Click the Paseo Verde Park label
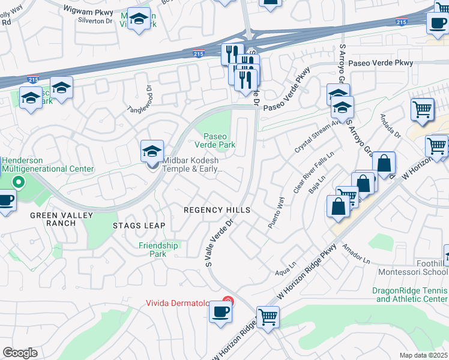(x=215, y=140)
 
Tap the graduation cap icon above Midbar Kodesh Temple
(x=152, y=151)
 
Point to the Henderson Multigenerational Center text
(x=48, y=164)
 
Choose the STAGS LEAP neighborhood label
(x=139, y=226)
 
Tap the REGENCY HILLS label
(x=216, y=210)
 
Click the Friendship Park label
(x=158, y=250)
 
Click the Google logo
(x=20, y=353)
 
